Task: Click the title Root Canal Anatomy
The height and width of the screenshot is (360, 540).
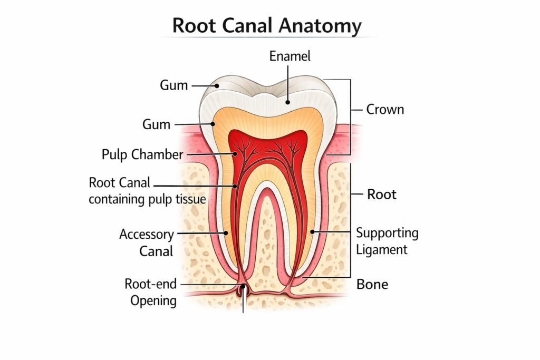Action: (x=267, y=26)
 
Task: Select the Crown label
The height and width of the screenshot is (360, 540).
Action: (x=385, y=110)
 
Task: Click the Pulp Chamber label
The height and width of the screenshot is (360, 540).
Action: (x=142, y=154)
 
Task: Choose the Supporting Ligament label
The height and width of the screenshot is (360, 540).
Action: (x=387, y=240)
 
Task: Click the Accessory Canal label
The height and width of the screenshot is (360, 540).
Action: (x=147, y=242)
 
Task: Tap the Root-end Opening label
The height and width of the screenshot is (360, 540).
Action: (x=150, y=292)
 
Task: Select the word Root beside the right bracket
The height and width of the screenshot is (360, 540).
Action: (x=382, y=194)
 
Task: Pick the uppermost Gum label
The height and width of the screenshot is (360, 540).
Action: (x=174, y=85)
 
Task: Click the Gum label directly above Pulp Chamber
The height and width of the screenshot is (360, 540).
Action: (x=157, y=125)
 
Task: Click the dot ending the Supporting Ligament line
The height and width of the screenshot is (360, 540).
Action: (x=312, y=231)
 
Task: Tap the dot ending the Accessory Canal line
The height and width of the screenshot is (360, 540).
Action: (x=227, y=232)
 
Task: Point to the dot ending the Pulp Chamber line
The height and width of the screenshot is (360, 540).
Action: (x=236, y=154)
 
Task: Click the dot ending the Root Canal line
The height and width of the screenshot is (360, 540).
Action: (x=235, y=186)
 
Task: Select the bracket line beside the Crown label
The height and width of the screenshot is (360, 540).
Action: (x=350, y=116)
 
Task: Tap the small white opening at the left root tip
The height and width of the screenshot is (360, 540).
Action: (x=243, y=290)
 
